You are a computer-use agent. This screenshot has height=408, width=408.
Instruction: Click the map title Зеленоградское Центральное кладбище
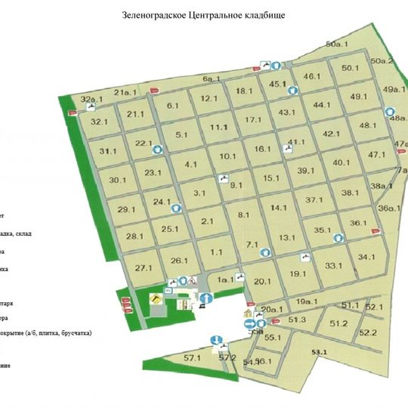tap(203, 15)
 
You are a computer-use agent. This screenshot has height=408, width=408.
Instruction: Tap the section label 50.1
tap(350, 68)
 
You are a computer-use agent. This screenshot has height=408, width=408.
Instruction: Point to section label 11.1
tap(219, 127)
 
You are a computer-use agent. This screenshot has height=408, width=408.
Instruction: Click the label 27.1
tap(144, 268)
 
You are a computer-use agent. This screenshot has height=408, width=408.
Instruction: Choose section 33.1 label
tap(334, 266)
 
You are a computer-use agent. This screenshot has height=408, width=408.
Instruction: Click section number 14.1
tap(279, 207)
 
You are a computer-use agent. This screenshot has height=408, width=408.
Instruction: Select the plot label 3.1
tap(199, 193)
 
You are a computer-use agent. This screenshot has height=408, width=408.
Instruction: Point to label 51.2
tap(338, 323)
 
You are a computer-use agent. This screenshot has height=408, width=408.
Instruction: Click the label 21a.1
tap(124, 92)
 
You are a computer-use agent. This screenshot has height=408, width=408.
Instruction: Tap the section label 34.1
tap(367, 257)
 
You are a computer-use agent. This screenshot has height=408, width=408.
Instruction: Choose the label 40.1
tap(342, 162)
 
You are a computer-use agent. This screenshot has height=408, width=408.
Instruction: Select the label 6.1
tap(172, 106)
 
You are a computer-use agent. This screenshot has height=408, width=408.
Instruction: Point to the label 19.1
tap(298, 274)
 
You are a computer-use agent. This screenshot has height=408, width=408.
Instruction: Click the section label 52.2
tap(368, 332)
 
